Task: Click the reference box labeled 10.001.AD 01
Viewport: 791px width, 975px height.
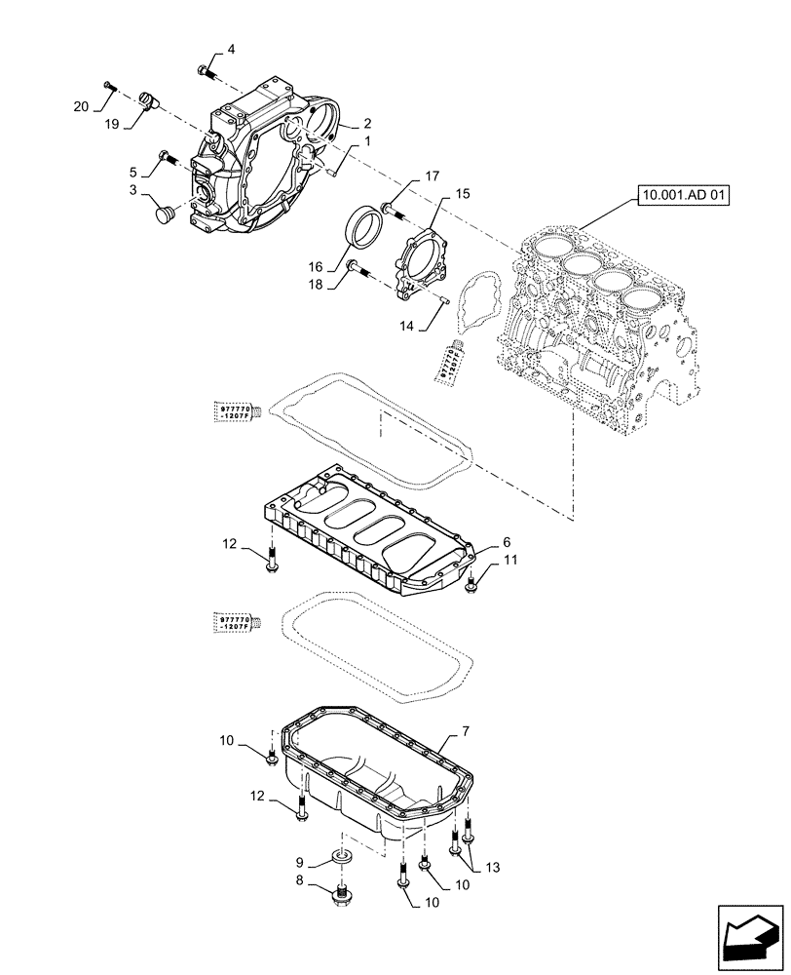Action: tap(684, 196)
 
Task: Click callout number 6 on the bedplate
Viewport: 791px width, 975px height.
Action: tap(506, 541)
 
